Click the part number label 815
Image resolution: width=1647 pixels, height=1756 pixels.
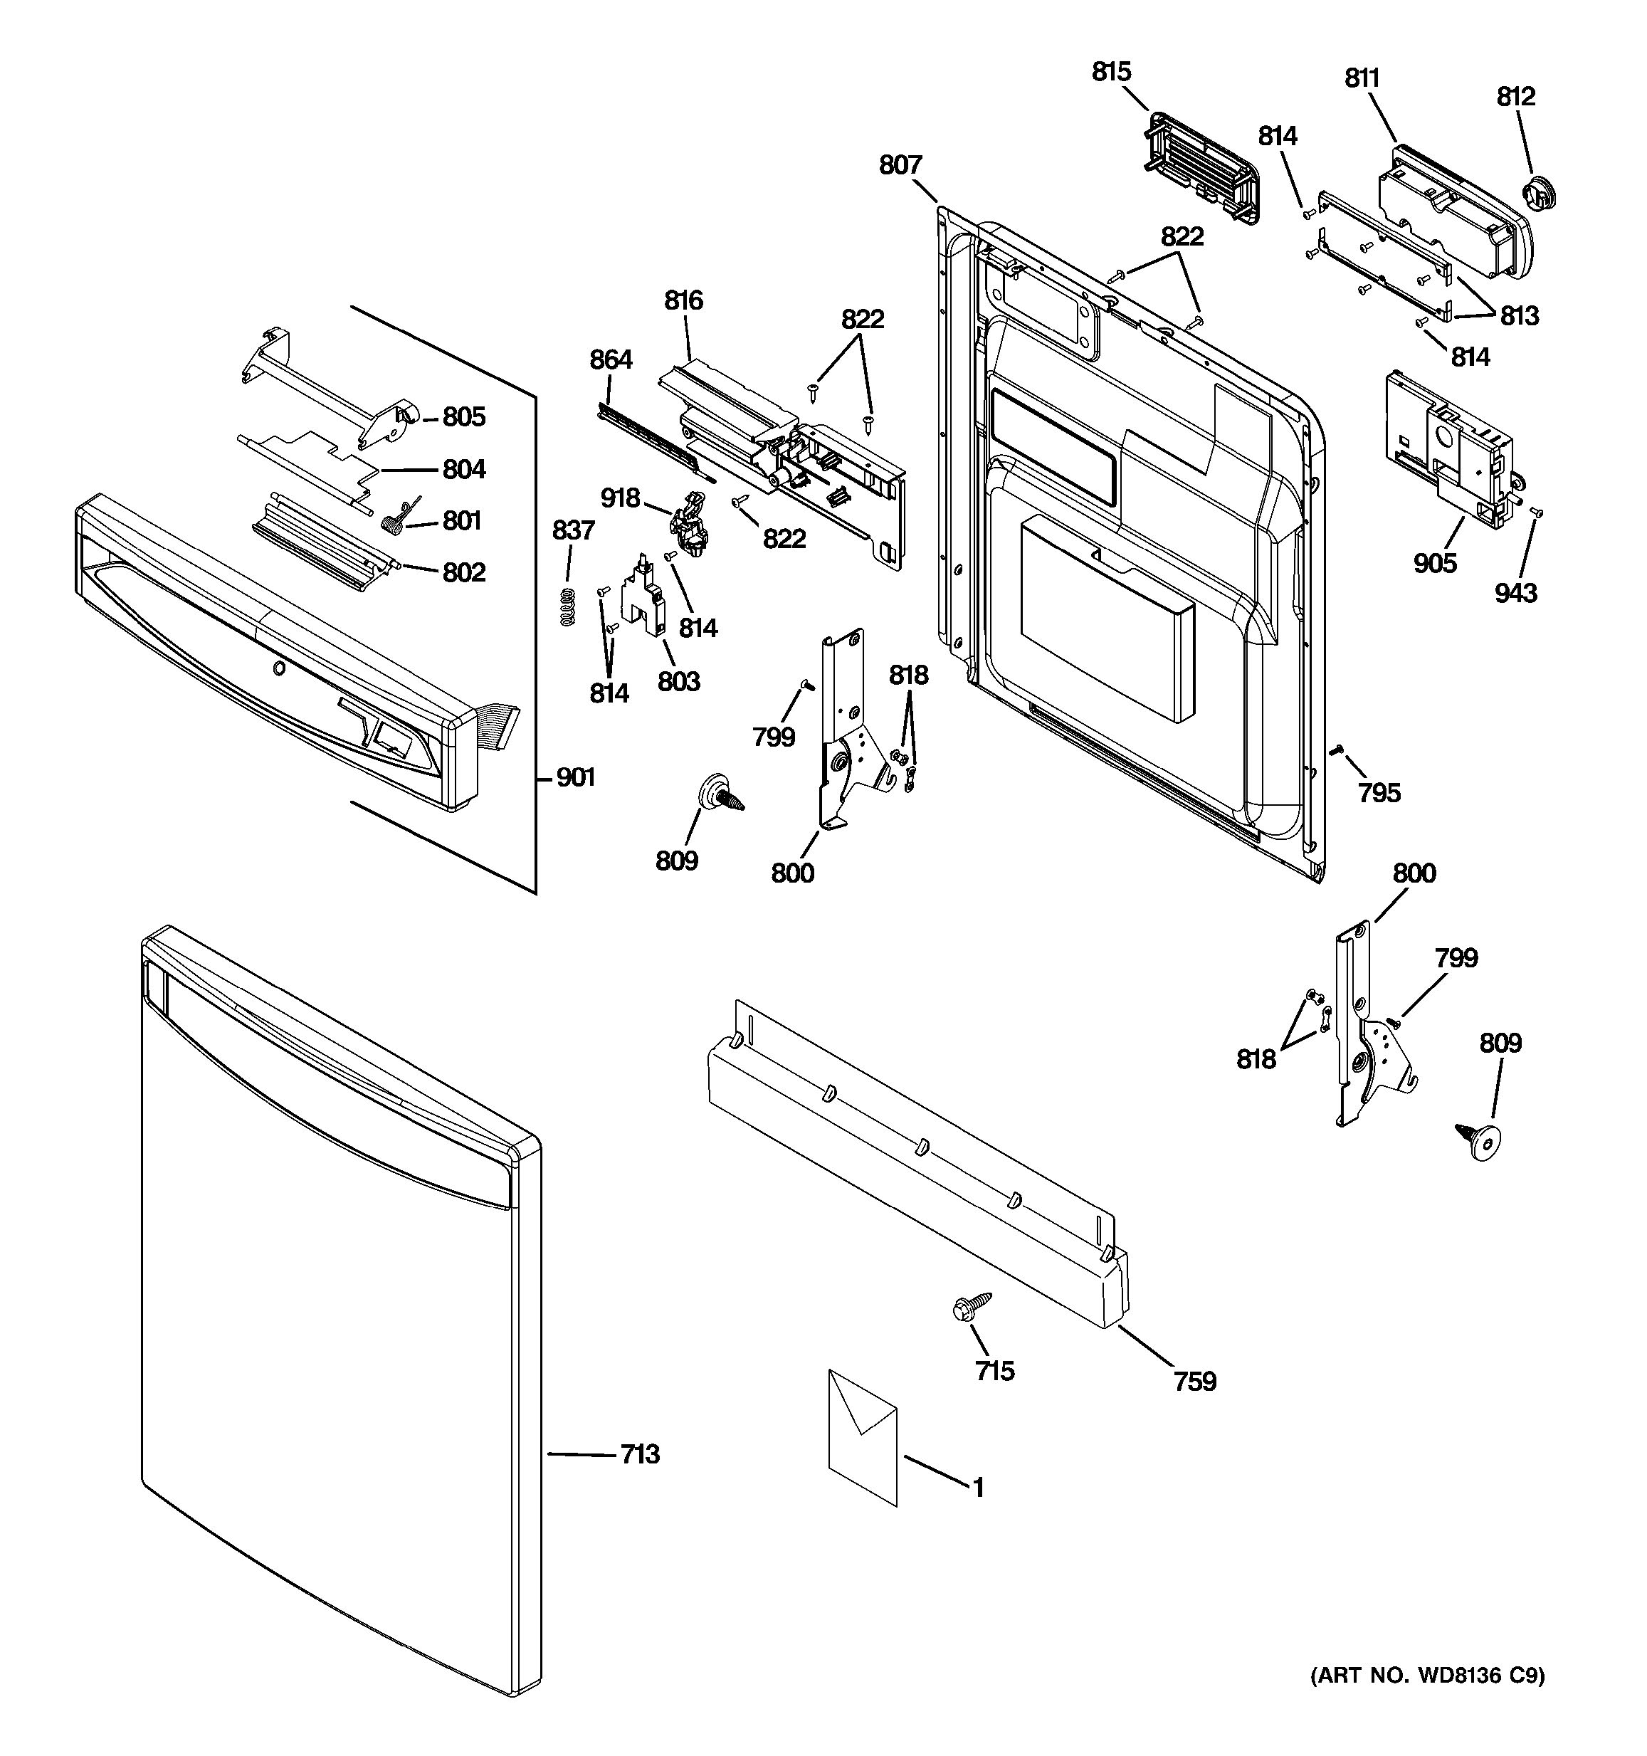1111,72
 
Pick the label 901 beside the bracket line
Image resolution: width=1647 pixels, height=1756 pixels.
575,777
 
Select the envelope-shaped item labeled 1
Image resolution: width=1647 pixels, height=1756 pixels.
862,1436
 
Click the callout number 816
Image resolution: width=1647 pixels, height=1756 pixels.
683,300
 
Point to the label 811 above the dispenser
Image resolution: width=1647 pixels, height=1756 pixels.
1362,78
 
